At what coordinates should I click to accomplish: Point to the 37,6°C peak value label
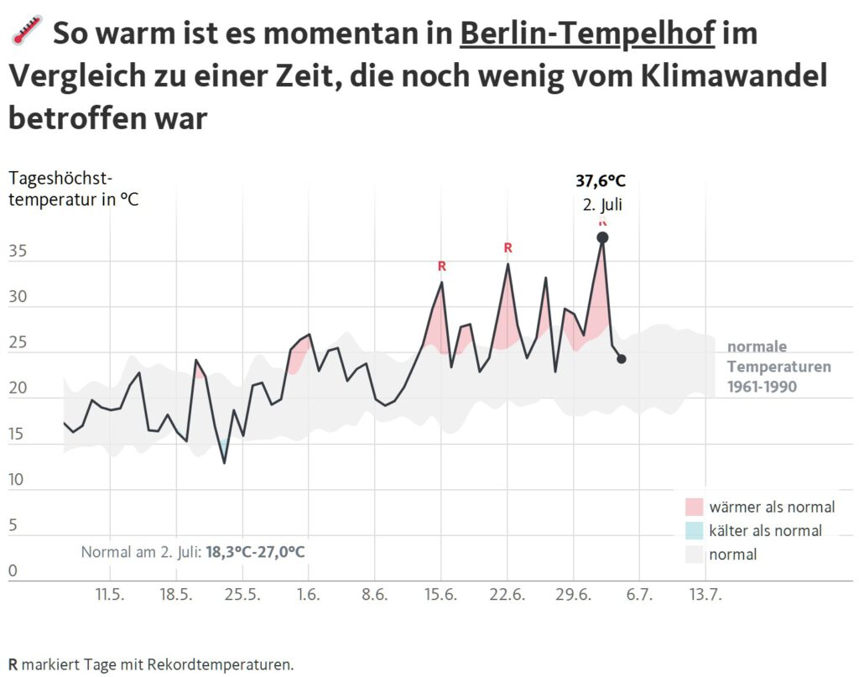click(x=601, y=180)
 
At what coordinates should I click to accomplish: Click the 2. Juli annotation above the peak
click(x=602, y=204)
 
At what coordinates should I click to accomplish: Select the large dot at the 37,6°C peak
click(x=602, y=238)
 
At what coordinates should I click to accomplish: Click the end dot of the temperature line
click(x=622, y=359)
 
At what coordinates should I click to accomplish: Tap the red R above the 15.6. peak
click(x=442, y=266)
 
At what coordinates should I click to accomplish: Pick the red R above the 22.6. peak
click(x=508, y=247)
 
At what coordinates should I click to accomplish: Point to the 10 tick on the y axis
click(x=18, y=480)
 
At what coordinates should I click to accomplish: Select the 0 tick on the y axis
click(x=13, y=571)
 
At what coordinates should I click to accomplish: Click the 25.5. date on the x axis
click(x=242, y=596)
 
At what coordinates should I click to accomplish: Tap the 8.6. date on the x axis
click(x=374, y=596)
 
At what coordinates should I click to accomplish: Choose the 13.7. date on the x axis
click(x=705, y=596)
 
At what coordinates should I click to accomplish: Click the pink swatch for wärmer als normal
click(x=694, y=507)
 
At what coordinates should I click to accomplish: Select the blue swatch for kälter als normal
click(x=694, y=530)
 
